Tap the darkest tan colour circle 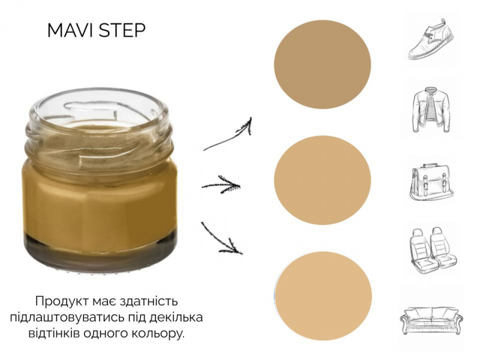click(x=322, y=64)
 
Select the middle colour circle click(x=322, y=180)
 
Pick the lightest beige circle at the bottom click(x=323, y=296)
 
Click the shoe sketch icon click(x=431, y=39)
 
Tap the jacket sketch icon click(x=431, y=110)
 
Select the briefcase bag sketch click(x=431, y=182)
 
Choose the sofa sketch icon click(x=431, y=319)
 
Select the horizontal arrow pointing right click(x=221, y=185)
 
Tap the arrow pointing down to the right click(x=221, y=239)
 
